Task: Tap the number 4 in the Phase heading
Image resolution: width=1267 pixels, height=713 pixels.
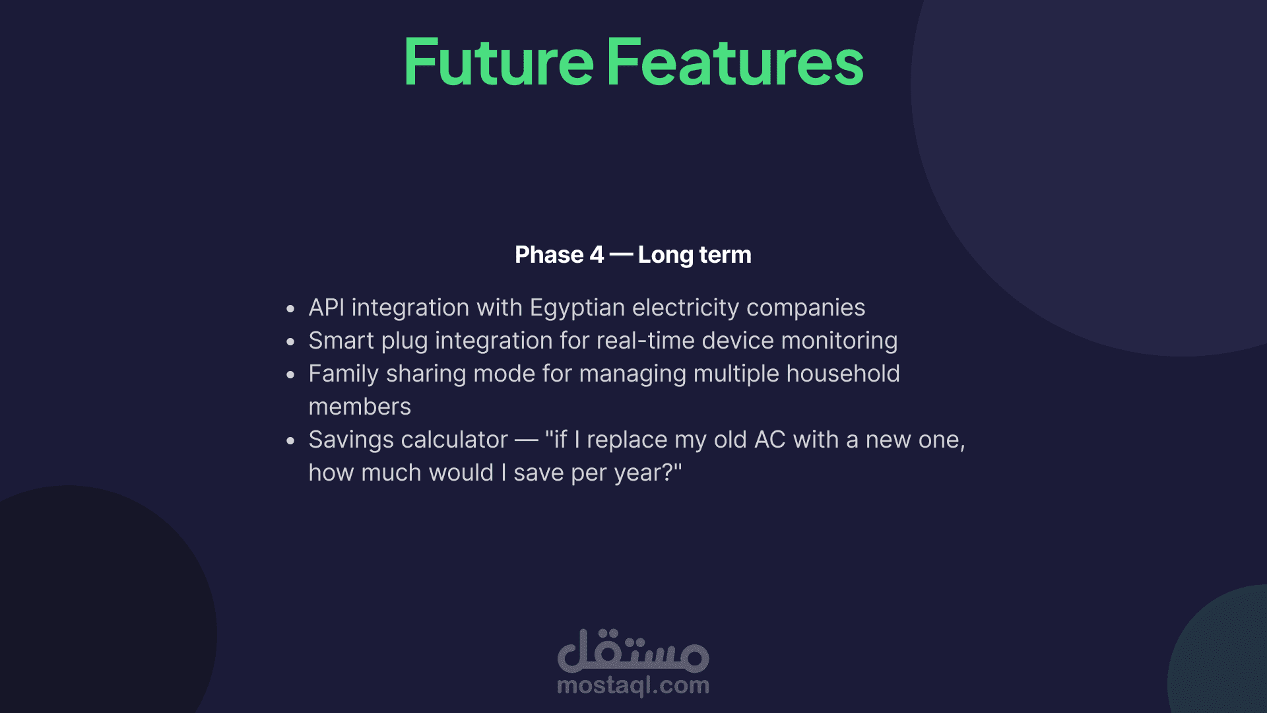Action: [597, 255]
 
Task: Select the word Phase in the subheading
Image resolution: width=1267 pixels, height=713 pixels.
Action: [550, 255]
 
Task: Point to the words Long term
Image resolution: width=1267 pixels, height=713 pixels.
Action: [695, 255]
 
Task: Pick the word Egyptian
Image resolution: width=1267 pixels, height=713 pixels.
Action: [577, 308]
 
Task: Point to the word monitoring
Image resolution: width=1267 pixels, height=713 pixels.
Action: [839, 341]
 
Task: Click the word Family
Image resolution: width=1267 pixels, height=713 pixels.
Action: [344, 374]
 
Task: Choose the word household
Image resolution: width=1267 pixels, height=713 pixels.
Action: [843, 374]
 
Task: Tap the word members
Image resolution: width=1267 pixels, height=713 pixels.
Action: [360, 407]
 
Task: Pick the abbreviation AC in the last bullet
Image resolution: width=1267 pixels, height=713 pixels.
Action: [770, 440]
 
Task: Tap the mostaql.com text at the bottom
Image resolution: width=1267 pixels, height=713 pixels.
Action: [633, 685]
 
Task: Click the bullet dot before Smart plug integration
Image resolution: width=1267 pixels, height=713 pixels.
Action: [290, 342]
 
